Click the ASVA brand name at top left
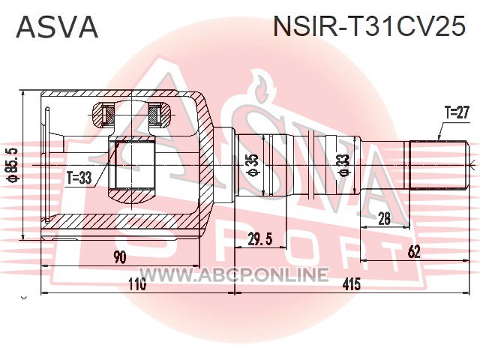tap(57, 27)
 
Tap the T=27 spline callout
tap(457, 113)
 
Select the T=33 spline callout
tap(79, 178)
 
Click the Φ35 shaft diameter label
tap(253, 165)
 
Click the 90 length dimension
tap(119, 257)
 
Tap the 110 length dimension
tap(136, 285)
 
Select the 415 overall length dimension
tap(352, 285)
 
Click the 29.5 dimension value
tap(260, 239)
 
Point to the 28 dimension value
tap(385, 218)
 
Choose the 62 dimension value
tap(414, 252)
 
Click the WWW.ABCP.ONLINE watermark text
tap(234, 274)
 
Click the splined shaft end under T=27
tap(438, 165)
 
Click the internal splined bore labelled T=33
tap(132, 165)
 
